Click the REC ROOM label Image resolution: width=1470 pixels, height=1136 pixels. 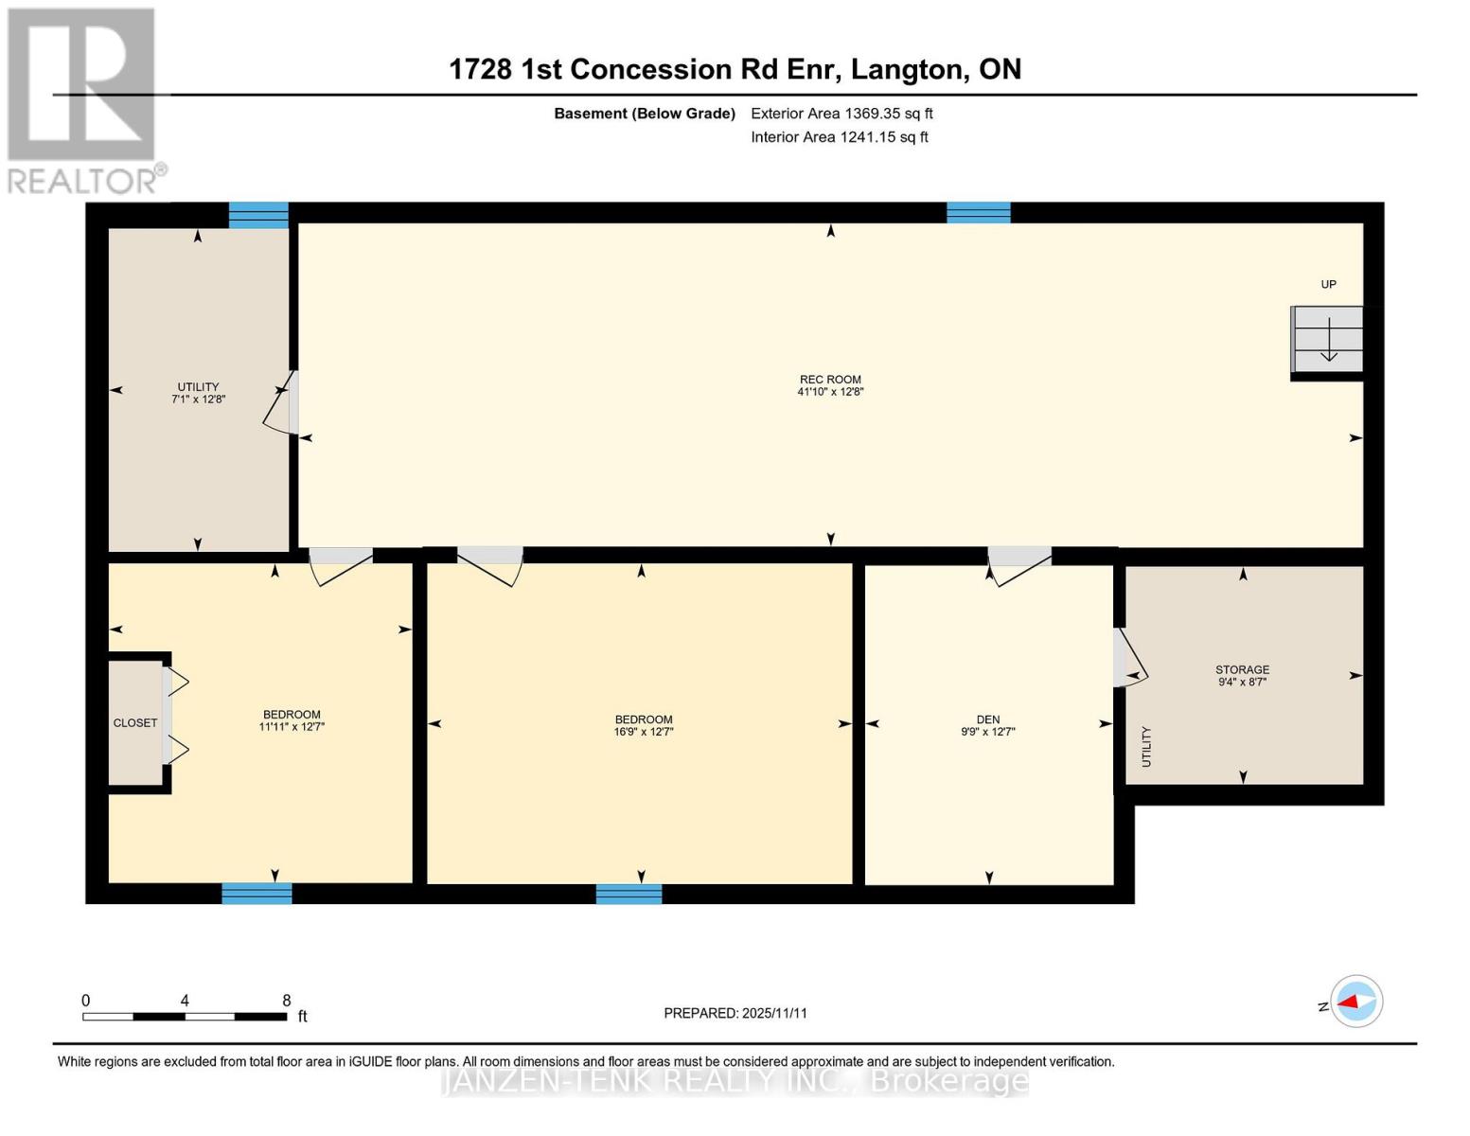830,380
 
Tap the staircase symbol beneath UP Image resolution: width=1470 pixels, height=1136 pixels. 1328,340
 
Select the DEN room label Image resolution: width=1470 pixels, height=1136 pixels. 987,719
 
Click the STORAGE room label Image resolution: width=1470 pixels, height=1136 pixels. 1242,669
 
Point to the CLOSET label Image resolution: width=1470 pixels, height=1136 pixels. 135,723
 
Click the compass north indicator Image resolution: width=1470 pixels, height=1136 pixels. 1355,1002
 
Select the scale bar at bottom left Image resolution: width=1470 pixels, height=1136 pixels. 185,1017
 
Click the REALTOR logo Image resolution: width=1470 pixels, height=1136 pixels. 82,99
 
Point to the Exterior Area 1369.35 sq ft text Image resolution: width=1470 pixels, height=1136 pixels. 841,114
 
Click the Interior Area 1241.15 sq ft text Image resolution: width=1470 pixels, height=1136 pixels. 840,137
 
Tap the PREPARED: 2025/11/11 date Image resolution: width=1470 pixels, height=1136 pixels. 735,1013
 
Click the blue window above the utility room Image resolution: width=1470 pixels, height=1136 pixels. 258,215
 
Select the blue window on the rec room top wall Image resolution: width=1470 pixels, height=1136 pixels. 979,213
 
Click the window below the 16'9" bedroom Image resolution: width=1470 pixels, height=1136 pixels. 629,894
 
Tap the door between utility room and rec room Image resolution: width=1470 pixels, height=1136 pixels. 281,404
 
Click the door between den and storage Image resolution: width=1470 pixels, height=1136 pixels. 1128,657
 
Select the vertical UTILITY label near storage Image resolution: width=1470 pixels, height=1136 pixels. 1146,746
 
